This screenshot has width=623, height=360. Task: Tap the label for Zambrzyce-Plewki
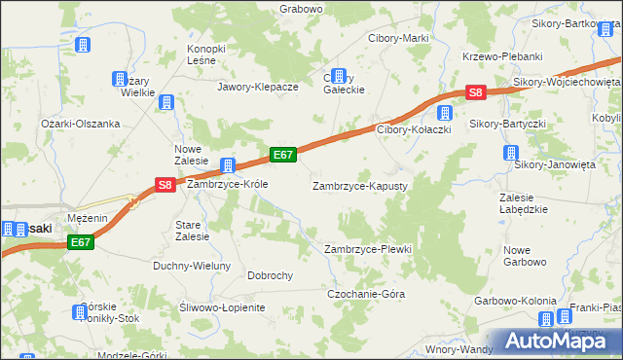[368, 249]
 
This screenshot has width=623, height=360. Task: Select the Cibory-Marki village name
[397, 38]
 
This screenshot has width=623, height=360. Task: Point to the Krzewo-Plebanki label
[502, 57]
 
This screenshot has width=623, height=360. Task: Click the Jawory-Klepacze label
[258, 87]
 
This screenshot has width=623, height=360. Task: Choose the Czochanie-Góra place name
[365, 294]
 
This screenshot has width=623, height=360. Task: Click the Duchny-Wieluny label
[192, 266]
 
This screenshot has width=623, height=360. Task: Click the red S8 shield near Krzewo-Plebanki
[475, 93]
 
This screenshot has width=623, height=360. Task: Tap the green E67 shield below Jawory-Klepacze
[283, 155]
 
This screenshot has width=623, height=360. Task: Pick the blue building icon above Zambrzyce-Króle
[228, 165]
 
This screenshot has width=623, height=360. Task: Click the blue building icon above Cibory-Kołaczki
[445, 112]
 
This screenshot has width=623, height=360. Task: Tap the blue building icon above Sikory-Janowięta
[510, 153]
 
